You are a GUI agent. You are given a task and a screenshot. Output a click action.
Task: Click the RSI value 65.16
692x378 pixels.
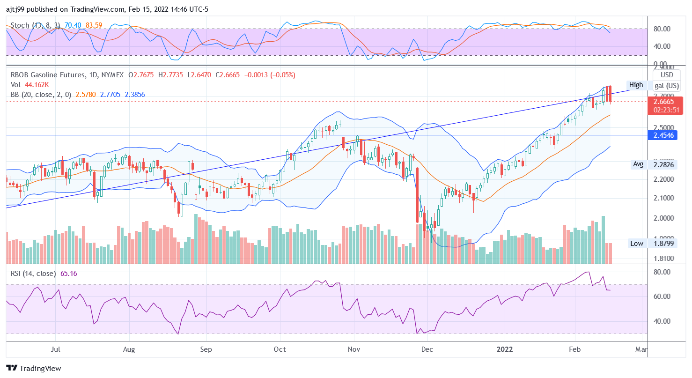tap(69, 274)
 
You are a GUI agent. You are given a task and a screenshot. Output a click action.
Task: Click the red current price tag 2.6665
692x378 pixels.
tap(664, 101)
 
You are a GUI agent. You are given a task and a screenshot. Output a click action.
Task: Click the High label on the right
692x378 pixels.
tap(636, 85)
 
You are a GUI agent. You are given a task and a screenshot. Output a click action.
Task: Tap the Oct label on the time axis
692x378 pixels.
tap(280, 349)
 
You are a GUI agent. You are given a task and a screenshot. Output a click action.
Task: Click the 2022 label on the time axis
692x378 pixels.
tap(505, 349)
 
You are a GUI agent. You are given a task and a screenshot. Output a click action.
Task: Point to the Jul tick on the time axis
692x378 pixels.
tap(55, 349)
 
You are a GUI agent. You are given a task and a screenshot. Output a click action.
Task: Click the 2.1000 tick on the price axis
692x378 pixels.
tap(664, 198)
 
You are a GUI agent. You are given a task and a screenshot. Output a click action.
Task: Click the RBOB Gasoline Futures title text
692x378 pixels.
tap(48, 75)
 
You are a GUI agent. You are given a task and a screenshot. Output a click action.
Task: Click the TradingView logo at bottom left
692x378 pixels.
tap(34, 368)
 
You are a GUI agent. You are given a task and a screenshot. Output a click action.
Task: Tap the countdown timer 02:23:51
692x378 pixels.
tap(664, 110)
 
